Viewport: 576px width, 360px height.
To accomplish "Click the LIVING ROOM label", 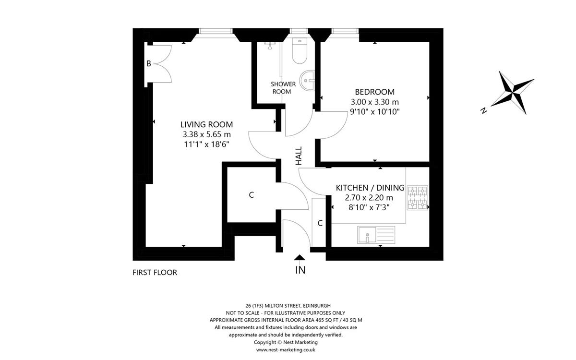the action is pyautogui.click(x=206, y=124).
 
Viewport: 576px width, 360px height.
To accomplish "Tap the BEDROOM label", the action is pyautogui.click(x=375, y=92).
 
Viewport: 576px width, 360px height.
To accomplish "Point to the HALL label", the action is pyautogui.click(x=299, y=156).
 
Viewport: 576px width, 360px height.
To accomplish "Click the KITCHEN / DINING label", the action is pyautogui.click(x=370, y=188).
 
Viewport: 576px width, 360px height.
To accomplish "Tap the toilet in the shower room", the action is pyautogui.click(x=300, y=51).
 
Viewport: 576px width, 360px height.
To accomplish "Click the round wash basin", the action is pyautogui.click(x=307, y=81).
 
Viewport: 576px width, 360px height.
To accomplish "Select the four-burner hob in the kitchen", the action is pyautogui.click(x=418, y=197).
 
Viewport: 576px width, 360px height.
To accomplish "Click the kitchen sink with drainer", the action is pyautogui.click(x=376, y=235).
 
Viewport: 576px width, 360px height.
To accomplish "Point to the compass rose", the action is pyautogui.click(x=513, y=92).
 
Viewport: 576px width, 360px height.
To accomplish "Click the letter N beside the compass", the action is pyautogui.click(x=484, y=110).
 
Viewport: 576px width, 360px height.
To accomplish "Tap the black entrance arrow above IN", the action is pyautogui.click(x=300, y=257).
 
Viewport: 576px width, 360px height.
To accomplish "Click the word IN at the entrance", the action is pyautogui.click(x=300, y=270).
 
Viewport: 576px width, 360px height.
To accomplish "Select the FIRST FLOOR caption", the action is pyautogui.click(x=155, y=273).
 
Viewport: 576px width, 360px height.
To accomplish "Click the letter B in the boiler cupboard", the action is pyautogui.click(x=149, y=63).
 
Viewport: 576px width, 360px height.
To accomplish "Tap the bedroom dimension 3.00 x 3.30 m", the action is pyautogui.click(x=375, y=102).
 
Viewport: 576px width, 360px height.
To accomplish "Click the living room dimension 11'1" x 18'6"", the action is pyautogui.click(x=206, y=144).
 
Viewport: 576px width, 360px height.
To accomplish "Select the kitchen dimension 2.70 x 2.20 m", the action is pyautogui.click(x=369, y=198).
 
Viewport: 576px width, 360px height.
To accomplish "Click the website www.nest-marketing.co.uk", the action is pyautogui.click(x=286, y=350).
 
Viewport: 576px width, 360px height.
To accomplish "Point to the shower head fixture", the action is pyautogui.click(x=269, y=46).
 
